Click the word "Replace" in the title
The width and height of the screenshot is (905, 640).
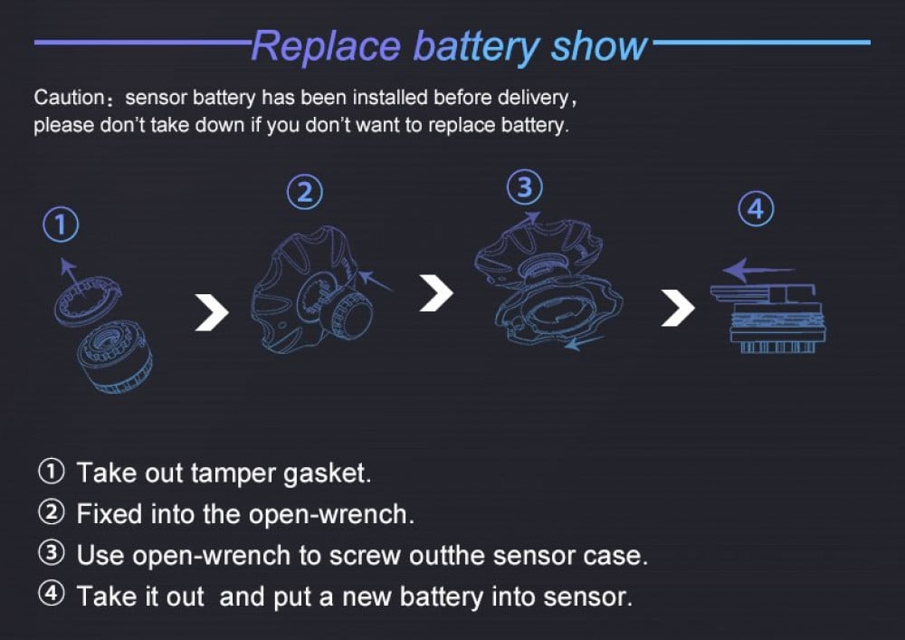pos(327,45)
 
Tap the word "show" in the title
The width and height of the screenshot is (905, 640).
pos(600,45)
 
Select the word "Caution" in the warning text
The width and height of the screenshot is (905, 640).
pos(69,97)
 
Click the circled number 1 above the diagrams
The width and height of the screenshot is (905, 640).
pos(61,224)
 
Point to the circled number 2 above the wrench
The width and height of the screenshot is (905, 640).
pos(305,192)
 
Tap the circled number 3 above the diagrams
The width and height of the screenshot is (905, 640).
pos(525,187)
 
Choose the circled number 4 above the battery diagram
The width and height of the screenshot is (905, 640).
pos(756,209)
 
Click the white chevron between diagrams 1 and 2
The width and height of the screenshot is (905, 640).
pos(212,312)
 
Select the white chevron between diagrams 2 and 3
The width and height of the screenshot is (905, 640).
pos(436,293)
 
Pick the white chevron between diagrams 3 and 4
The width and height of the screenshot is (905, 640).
pos(678,308)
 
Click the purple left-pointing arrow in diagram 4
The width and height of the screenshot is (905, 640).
pos(758,269)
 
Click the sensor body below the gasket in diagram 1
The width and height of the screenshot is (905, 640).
pos(115,357)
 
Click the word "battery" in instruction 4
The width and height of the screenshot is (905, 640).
pos(442,597)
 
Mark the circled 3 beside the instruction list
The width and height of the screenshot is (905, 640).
pos(52,553)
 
